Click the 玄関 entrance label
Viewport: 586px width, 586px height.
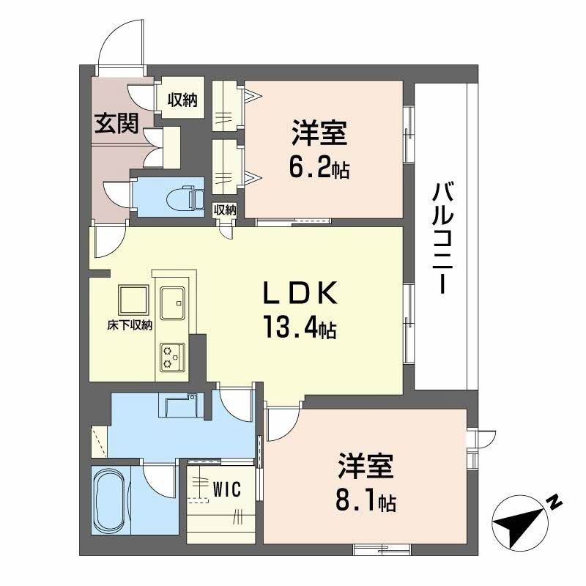click(116, 123)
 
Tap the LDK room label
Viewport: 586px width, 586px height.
click(301, 292)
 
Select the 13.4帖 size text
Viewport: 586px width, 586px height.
click(300, 327)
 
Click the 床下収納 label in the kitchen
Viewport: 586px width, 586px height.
click(130, 325)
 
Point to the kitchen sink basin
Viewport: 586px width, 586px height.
click(172, 303)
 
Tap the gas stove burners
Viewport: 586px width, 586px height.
click(172, 357)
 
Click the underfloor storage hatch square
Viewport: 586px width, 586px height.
click(133, 300)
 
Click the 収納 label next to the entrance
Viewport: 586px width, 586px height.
click(182, 100)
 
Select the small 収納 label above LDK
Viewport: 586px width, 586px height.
click(225, 210)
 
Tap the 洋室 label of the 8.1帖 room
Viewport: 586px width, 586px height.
click(366, 466)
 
